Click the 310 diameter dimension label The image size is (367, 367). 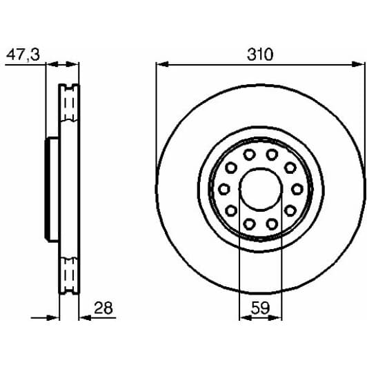pos(260,53)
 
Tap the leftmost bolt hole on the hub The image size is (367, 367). pos(224,188)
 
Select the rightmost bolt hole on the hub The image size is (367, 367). pos(297,188)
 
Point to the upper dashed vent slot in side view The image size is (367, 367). pos(69,103)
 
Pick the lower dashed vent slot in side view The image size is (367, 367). pos(69,274)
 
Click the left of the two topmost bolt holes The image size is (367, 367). pos(249,154)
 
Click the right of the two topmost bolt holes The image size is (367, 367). pos(272,154)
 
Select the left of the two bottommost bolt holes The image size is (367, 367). pos(249,223)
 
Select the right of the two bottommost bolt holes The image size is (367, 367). pos(272,223)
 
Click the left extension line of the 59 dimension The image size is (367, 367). pos(239,276)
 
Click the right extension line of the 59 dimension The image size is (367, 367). pos(281,276)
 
